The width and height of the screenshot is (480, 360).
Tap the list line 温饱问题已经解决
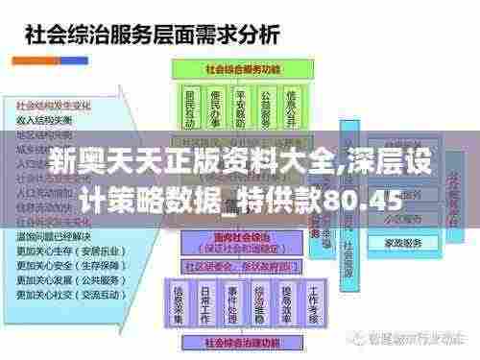(53, 233)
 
